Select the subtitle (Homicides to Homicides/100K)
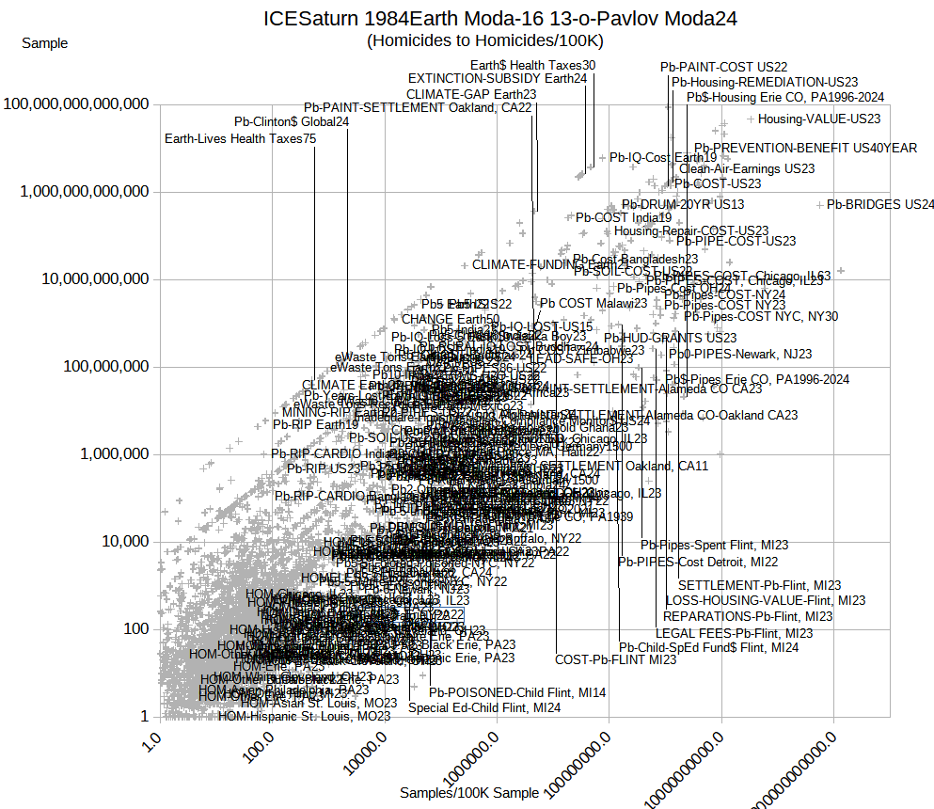[x=484, y=40]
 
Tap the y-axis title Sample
[x=44, y=42]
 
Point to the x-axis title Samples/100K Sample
[x=469, y=792]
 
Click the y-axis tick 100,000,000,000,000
[x=77, y=103]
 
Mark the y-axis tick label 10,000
[x=118, y=542]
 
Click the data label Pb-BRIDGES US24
[x=880, y=204]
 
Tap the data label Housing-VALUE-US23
[x=819, y=119]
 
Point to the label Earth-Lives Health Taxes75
[x=240, y=138]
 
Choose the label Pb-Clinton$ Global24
[x=292, y=121]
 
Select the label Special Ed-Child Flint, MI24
[x=483, y=707]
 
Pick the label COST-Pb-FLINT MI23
[x=615, y=659]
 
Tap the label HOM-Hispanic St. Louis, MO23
[x=304, y=716]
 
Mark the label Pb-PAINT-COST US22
[x=723, y=67]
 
